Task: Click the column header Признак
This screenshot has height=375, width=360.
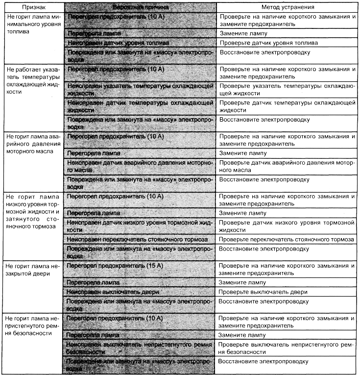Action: [x=32, y=8]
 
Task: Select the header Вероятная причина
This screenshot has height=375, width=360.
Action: [x=140, y=8]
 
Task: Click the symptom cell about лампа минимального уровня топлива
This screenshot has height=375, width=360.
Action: [x=32, y=23]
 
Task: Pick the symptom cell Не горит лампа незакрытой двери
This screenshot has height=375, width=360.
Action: [x=32, y=269]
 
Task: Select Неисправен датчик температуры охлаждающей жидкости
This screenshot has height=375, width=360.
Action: [x=140, y=106]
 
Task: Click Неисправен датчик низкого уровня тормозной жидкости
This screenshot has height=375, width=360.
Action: [x=140, y=226]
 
